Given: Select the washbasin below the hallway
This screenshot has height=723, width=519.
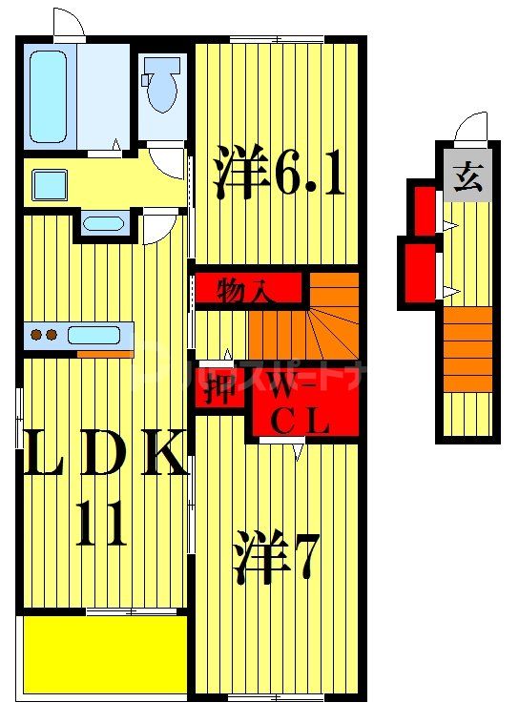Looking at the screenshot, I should coord(103,225).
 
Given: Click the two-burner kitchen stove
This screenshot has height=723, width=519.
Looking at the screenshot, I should coord(44,335).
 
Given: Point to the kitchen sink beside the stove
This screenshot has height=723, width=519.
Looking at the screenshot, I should coord(93,335).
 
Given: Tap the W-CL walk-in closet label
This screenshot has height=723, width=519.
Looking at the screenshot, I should coord(300,406).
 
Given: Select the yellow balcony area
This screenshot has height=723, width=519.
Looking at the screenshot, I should coord(104,654).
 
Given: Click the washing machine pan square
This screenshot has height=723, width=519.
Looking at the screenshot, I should coord(48,184).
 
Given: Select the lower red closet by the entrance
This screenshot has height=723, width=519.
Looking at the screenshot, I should coord(418,275).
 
